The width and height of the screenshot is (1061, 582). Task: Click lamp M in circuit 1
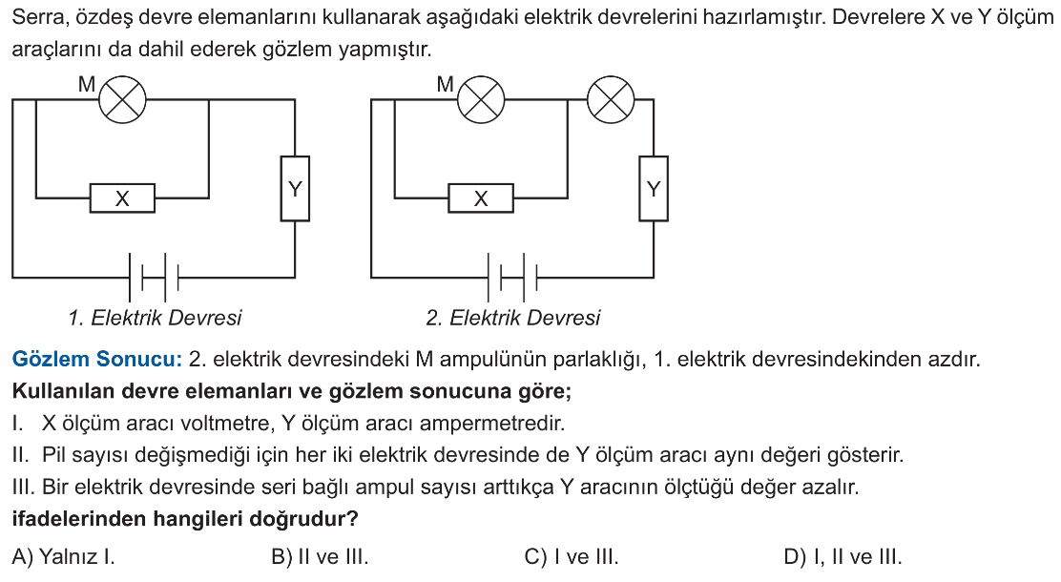(x=122, y=99)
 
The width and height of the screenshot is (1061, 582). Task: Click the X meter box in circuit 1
(x=122, y=198)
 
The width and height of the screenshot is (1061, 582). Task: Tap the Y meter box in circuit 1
(x=295, y=189)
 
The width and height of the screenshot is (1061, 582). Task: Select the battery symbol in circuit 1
(x=154, y=277)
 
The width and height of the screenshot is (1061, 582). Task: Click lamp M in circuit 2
(x=481, y=99)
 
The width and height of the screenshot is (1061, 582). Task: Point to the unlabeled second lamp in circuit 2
(x=611, y=99)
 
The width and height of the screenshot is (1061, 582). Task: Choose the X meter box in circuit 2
(x=481, y=198)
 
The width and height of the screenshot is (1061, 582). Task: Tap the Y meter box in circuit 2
(x=654, y=189)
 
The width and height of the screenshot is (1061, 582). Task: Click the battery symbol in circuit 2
(x=512, y=277)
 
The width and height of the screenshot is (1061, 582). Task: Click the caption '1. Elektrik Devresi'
(x=155, y=318)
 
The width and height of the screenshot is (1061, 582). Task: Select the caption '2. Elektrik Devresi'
(x=513, y=318)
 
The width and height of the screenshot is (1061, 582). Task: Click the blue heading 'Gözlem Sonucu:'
(x=97, y=359)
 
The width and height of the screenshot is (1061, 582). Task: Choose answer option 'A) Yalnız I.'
(x=64, y=557)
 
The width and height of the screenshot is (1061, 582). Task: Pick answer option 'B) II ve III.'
(x=320, y=557)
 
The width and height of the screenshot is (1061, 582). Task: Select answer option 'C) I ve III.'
(x=572, y=557)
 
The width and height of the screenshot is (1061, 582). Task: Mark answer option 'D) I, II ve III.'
(x=843, y=557)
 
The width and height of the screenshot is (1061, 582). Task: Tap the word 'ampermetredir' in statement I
(x=492, y=424)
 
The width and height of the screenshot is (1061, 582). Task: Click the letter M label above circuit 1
(x=87, y=84)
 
